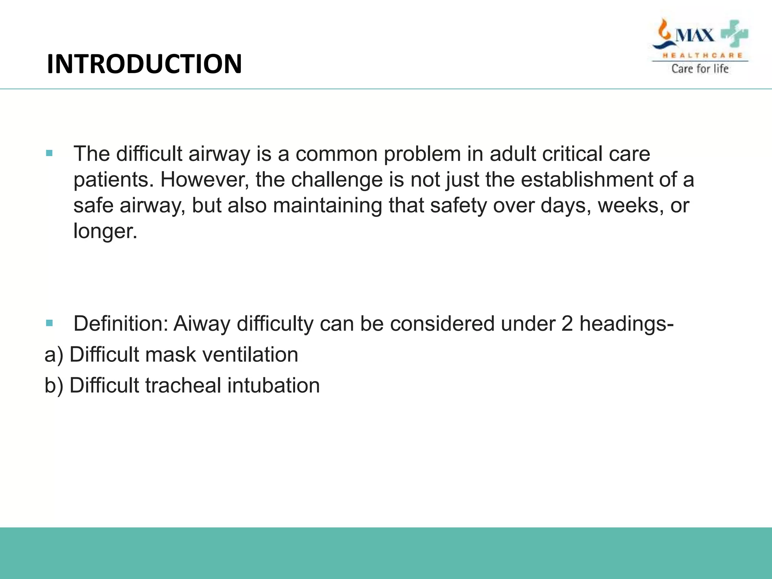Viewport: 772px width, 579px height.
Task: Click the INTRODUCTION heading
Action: [144, 64]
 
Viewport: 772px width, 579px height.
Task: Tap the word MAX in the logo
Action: [694, 36]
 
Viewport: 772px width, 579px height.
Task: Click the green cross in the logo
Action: [734, 35]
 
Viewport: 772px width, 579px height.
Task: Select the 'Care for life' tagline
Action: [700, 69]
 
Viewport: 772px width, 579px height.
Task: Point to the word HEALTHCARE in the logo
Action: [702, 55]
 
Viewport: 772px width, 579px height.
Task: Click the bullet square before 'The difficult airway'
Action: [49, 153]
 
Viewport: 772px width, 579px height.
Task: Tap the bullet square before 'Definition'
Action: [49, 323]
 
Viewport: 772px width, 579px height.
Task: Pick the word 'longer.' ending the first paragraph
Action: [105, 231]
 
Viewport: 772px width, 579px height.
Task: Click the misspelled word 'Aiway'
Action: [202, 323]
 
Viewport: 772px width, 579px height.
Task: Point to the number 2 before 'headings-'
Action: [567, 323]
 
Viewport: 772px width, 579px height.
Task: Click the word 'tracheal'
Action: [183, 386]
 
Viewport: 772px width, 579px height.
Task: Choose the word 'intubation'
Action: [273, 386]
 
